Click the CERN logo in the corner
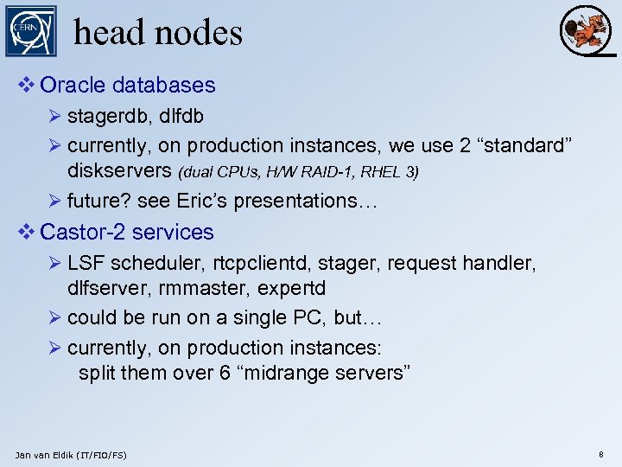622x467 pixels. coord(30,31)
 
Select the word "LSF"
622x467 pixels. coord(85,263)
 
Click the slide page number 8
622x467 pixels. coord(600,453)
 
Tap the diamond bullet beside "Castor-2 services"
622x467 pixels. coord(27,232)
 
